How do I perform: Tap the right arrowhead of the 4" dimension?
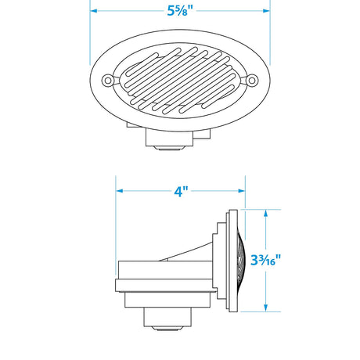click(x=244, y=191)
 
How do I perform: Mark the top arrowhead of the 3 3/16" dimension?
click(x=267, y=212)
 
